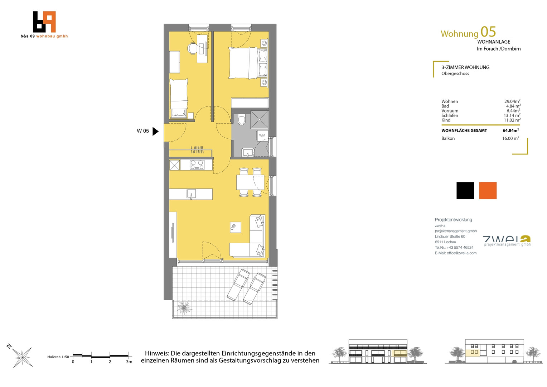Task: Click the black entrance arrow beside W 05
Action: (x=155, y=131)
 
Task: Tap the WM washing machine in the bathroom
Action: (x=262, y=135)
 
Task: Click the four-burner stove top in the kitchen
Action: (x=197, y=164)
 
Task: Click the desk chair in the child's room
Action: (x=192, y=48)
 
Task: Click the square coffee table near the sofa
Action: (x=236, y=227)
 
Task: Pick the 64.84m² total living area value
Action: (x=510, y=130)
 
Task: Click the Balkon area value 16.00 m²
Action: (x=510, y=138)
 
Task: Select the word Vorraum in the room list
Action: (x=450, y=111)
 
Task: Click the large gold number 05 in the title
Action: (x=488, y=32)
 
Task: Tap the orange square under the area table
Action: (x=488, y=190)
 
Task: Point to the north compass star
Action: (x=22, y=357)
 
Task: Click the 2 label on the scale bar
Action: (x=110, y=362)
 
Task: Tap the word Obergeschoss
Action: (x=455, y=73)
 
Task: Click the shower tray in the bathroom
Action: (x=259, y=120)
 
